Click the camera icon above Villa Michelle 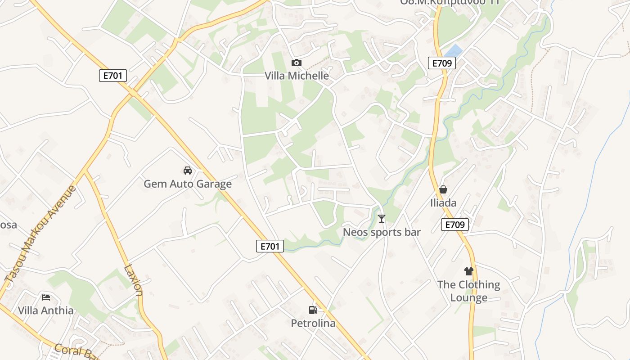296,63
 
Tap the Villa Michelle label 297,76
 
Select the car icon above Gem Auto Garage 188,171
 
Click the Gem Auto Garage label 188,184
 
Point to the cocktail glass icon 382,219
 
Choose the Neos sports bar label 382,232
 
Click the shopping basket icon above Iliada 443,189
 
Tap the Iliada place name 443,203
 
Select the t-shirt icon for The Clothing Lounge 469,271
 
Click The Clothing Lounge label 469,291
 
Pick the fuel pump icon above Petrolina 313,310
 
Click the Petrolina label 313,323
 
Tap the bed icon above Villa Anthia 46,297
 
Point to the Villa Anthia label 46,310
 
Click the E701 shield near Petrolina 270,246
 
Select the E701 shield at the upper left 113,76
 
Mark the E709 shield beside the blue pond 442,63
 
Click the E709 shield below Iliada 455,225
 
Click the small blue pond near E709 454,50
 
